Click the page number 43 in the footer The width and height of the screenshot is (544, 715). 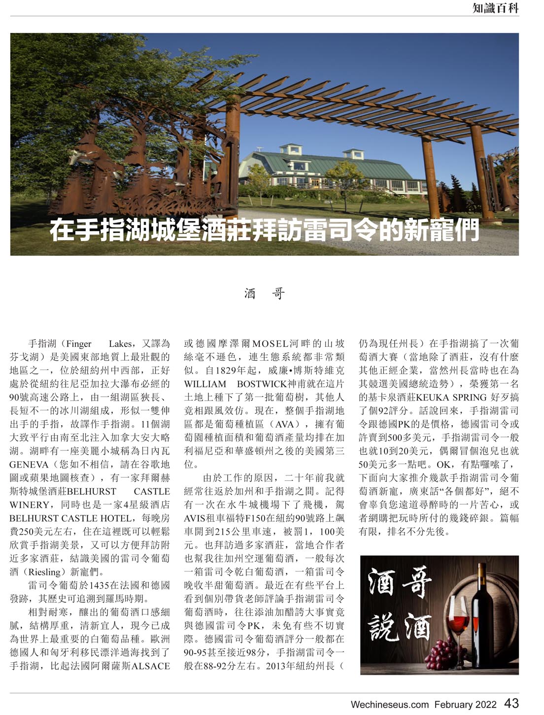(x=511, y=703)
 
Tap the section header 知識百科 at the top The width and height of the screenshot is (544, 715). (x=495, y=8)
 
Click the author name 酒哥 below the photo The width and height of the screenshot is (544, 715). (x=264, y=294)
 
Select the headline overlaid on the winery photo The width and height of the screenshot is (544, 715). (x=264, y=230)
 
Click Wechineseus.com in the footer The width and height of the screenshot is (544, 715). (x=389, y=705)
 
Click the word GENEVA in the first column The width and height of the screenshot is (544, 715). (x=29, y=464)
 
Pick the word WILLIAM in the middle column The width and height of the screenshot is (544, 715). (x=205, y=383)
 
